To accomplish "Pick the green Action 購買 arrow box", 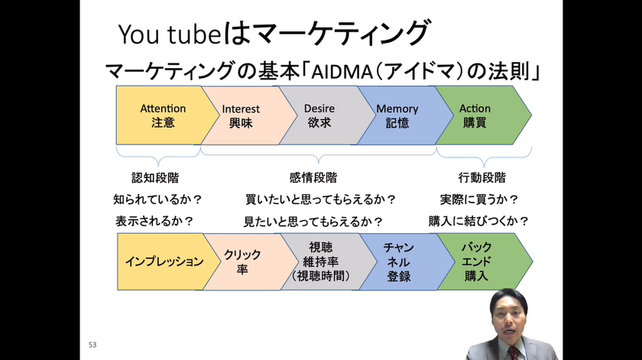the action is click(481, 115).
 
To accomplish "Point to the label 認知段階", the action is click(155, 178).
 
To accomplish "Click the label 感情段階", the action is click(313, 178).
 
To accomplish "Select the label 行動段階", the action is click(482, 178).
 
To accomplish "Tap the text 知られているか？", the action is click(157, 199).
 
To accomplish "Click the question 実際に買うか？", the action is click(479, 199).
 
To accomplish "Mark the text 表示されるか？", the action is click(154, 222).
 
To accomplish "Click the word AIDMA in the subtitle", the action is click(342, 72).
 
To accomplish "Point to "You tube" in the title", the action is click(170, 34).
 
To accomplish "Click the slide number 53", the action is click(92, 345).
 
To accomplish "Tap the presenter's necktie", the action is click(514, 353).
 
